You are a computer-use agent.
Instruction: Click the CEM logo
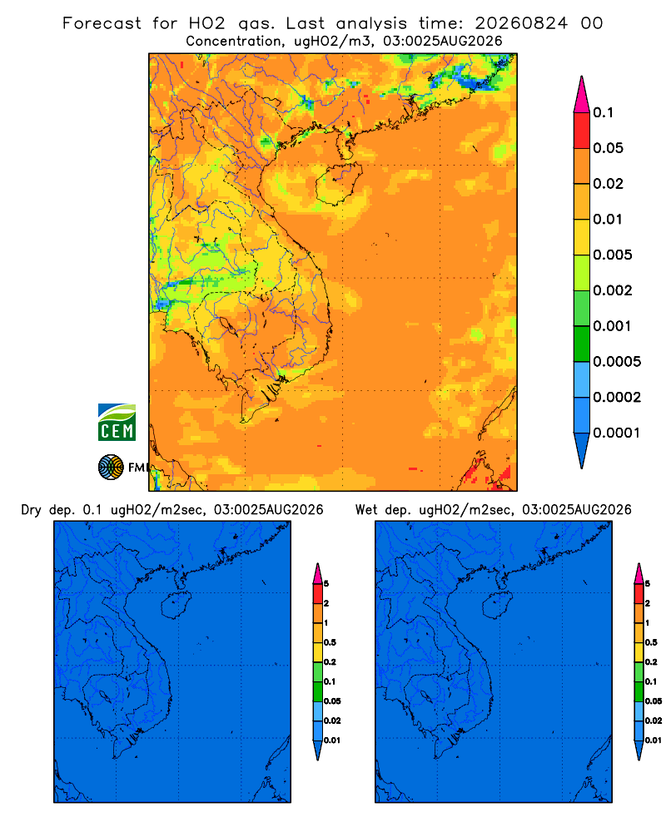point(117,422)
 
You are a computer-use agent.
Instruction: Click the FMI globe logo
point(111,468)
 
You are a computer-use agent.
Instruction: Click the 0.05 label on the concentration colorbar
point(608,148)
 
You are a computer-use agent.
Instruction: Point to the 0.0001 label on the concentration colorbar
point(617,433)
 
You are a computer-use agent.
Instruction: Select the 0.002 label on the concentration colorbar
point(613,290)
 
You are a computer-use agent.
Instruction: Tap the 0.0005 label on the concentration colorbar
point(617,362)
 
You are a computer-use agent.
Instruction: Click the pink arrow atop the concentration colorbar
point(582,94)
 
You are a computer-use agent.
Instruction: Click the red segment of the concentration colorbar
point(582,131)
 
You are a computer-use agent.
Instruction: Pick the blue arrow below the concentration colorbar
point(582,451)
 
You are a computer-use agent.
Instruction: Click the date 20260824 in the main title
point(521,23)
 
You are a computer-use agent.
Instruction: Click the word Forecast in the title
point(102,23)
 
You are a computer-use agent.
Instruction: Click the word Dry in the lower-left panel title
point(32,510)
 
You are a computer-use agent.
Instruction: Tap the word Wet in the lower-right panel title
point(366,510)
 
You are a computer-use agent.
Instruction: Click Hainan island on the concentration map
point(338,184)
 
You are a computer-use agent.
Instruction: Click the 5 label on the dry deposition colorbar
point(326,584)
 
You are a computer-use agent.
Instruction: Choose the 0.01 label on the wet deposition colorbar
point(654,740)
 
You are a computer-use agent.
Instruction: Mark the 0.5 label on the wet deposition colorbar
point(651,642)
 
